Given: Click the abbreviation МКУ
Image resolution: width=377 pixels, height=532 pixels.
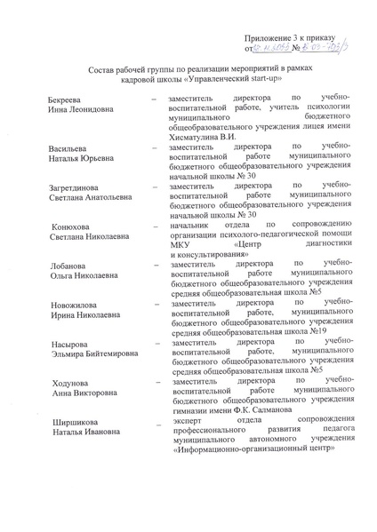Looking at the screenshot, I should [x=179, y=245].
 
